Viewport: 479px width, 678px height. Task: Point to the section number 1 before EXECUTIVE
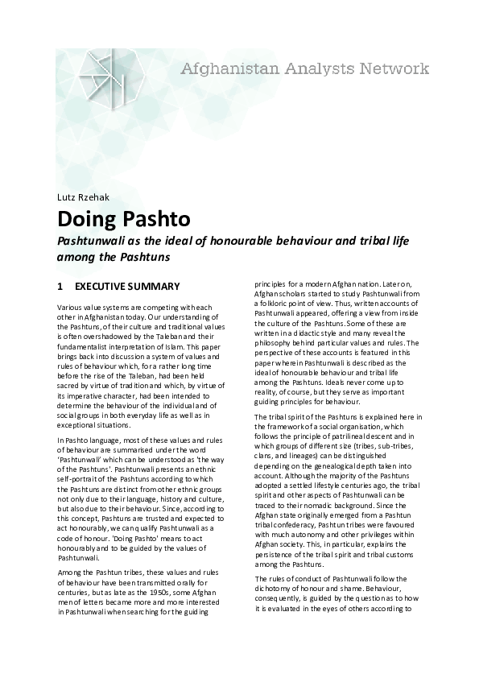click(60, 286)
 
